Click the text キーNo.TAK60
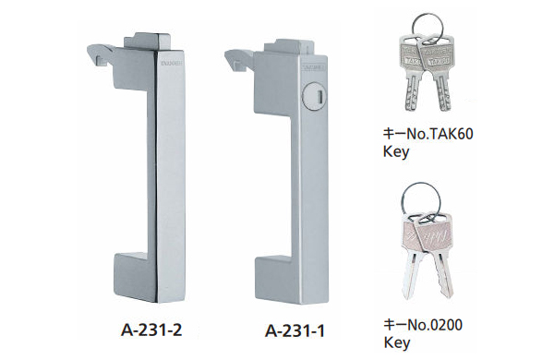[434, 134]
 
